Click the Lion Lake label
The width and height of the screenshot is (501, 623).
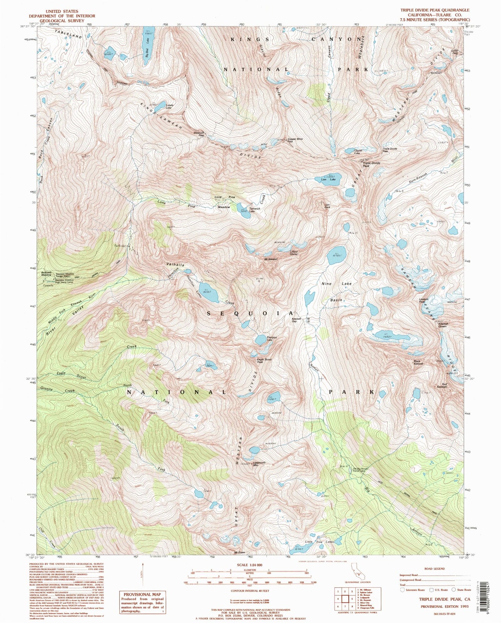pos(328,179)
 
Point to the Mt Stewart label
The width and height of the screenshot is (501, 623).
pos(271,258)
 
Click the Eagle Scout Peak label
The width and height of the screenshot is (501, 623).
pos(264,361)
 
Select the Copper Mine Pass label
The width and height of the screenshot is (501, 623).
pos(295,140)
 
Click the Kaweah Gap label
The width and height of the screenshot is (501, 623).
pos(296,319)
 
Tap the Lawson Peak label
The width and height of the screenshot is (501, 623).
pos(424,300)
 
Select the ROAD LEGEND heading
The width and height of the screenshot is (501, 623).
pos(434,569)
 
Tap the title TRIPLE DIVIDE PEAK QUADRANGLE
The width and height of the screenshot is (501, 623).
pos(435,10)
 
